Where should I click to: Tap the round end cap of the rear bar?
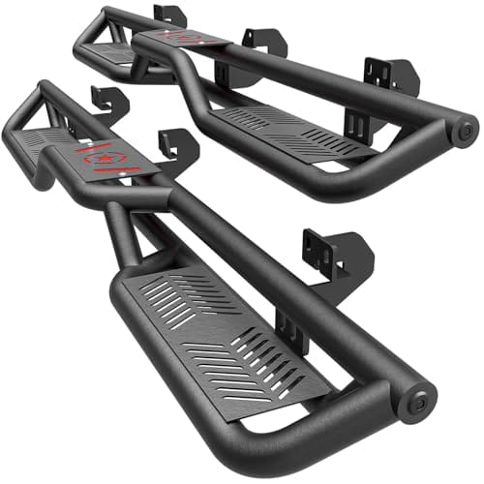(x=464, y=129)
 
